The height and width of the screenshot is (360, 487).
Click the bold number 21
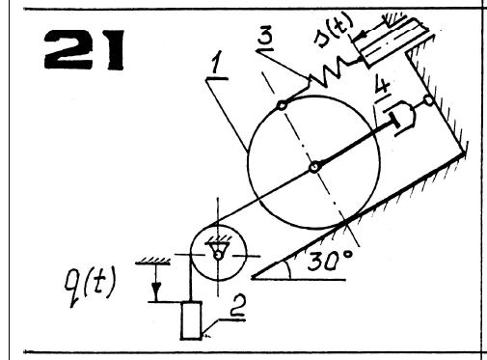click(84, 49)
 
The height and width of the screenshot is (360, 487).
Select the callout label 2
click(238, 306)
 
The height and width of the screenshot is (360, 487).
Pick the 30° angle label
click(330, 260)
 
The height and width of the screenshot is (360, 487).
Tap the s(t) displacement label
click(334, 31)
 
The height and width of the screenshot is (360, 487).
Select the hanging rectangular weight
click(192, 320)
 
